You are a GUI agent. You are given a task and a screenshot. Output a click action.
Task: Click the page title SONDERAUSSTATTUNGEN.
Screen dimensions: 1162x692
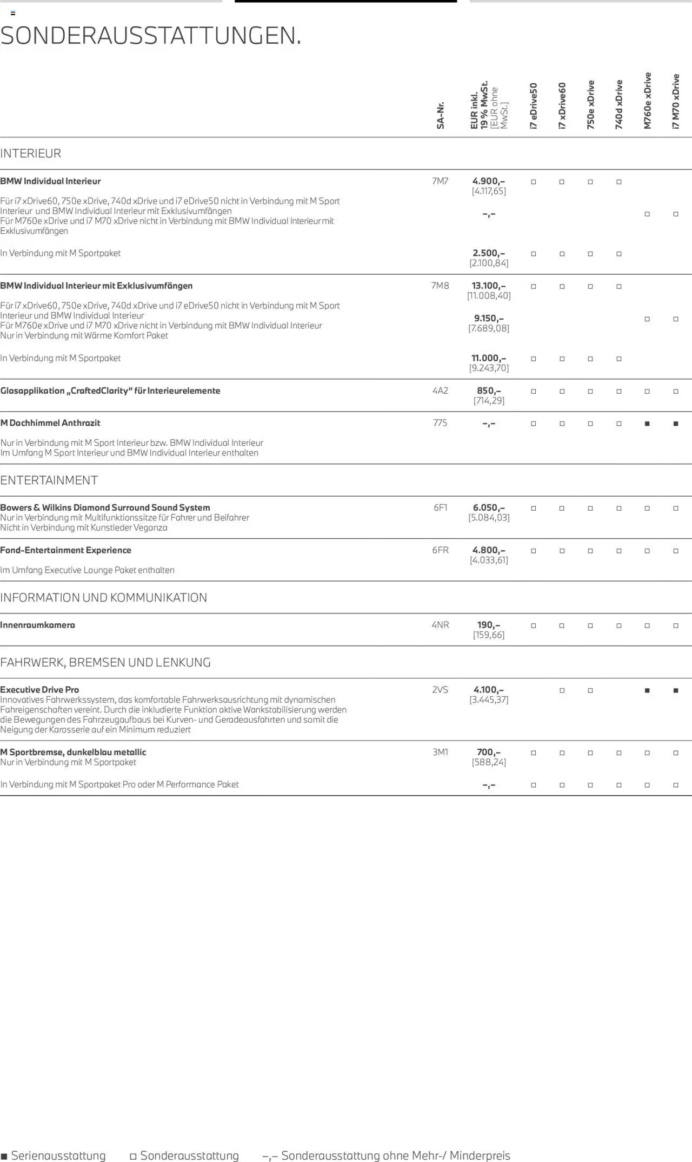click(x=151, y=36)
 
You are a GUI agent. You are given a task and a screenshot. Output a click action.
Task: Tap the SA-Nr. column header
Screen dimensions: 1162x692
click(x=441, y=115)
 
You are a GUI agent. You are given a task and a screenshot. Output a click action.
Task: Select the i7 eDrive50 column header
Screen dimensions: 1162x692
click(x=534, y=106)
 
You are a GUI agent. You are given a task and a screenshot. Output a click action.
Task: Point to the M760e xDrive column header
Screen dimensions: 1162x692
click(x=647, y=101)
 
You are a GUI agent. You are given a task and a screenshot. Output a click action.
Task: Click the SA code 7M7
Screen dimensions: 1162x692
click(x=440, y=181)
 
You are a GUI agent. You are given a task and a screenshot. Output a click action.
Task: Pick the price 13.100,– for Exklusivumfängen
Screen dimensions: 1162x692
click(x=489, y=286)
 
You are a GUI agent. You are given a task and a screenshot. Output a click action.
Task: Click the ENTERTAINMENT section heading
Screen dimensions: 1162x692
click(x=49, y=480)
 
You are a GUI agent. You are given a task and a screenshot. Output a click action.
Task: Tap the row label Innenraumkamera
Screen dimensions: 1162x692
click(x=38, y=625)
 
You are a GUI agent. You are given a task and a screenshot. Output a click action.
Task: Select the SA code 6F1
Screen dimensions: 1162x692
click(x=440, y=507)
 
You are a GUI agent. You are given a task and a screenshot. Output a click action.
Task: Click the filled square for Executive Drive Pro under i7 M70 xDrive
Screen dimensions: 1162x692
click(x=676, y=690)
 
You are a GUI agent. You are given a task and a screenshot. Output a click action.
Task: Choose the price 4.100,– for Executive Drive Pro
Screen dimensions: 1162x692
click(x=489, y=690)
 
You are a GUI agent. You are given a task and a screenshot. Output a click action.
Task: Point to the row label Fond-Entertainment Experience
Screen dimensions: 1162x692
click(x=66, y=550)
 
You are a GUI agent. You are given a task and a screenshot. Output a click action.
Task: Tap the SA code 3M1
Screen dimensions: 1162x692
click(x=440, y=752)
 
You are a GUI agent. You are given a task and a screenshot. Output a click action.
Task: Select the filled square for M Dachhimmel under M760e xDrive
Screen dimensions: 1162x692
click(x=647, y=424)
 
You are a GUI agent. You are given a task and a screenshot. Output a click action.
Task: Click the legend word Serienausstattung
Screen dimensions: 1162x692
click(x=58, y=1156)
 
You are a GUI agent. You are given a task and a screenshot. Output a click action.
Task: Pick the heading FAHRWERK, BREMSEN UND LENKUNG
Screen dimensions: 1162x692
click(x=105, y=662)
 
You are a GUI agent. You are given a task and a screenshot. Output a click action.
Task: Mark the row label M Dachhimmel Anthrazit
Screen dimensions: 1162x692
click(x=50, y=423)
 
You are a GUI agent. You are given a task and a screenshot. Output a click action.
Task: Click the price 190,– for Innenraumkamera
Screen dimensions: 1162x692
click(x=489, y=625)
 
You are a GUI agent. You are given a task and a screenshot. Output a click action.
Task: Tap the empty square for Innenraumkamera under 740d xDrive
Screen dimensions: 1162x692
click(x=619, y=626)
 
